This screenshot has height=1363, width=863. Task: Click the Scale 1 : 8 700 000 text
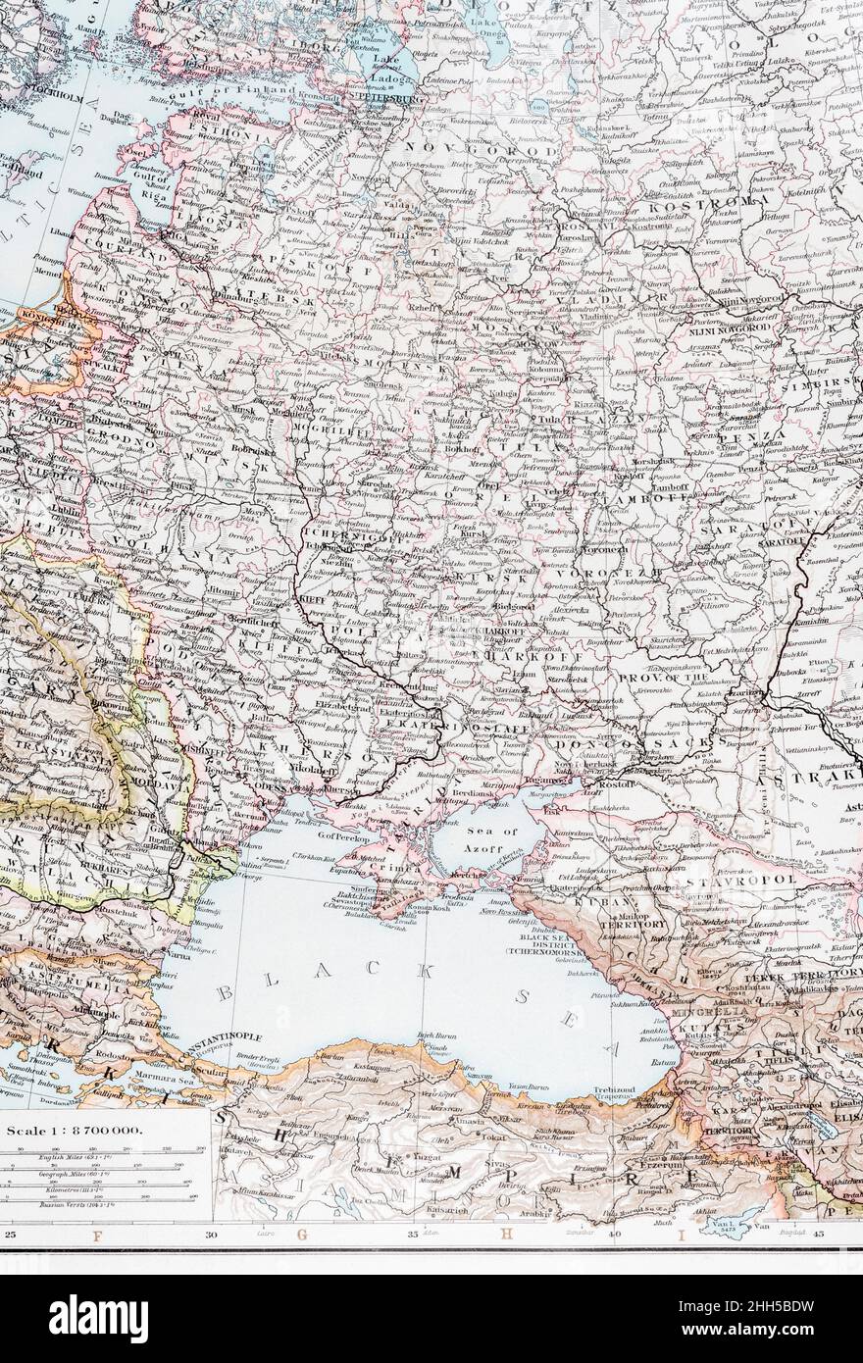75,1131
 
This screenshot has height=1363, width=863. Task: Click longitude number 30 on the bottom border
212,1233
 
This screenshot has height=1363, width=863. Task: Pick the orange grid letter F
96,1234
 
